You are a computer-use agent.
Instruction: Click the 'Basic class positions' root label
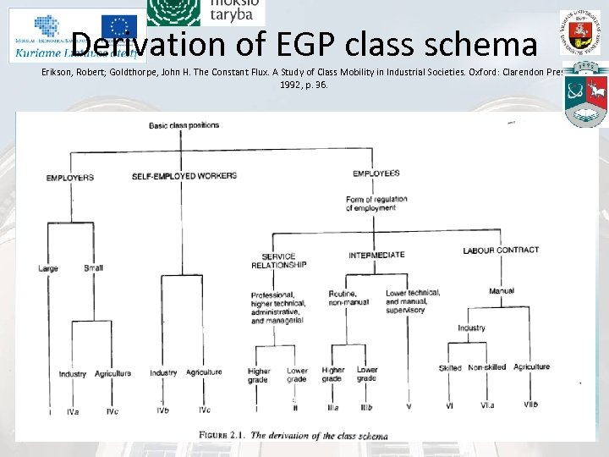click(x=184, y=125)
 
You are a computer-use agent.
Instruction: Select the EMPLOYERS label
click(x=69, y=177)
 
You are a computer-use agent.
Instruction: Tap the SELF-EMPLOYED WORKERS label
click(x=184, y=176)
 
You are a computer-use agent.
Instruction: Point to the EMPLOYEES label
click(x=376, y=173)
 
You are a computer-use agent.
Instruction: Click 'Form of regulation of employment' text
click(x=376, y=203)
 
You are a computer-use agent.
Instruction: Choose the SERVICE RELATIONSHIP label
click(x=278, y=261)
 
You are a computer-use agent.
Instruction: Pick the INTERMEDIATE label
click(x=376, y=255)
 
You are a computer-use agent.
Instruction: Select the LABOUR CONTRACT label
click(x=501, y=251)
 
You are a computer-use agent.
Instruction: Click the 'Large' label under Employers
click(x=48, y=268)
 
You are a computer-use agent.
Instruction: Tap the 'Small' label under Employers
click(x=93, y=268)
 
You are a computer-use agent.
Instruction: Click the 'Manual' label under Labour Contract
click(x=502, y=292)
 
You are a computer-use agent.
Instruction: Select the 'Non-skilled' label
click(x=486, y=367)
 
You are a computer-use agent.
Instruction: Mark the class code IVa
click(x=73, y=411)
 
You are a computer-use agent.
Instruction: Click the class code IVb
click(x=163, y=410)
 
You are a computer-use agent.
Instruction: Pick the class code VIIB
click(x=530, y=405)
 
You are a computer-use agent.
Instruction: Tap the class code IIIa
click(x=332, y=407)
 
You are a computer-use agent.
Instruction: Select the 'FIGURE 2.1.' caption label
click(x=222, y=435)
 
